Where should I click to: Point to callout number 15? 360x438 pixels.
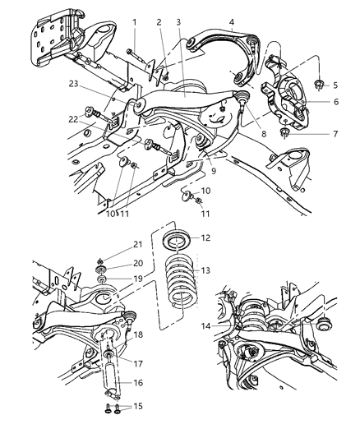coord(136,406)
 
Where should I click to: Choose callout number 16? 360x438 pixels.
coord(137,383)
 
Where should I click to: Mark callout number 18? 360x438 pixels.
coord(137,335)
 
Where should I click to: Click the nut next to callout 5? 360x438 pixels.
coord(314,84)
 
